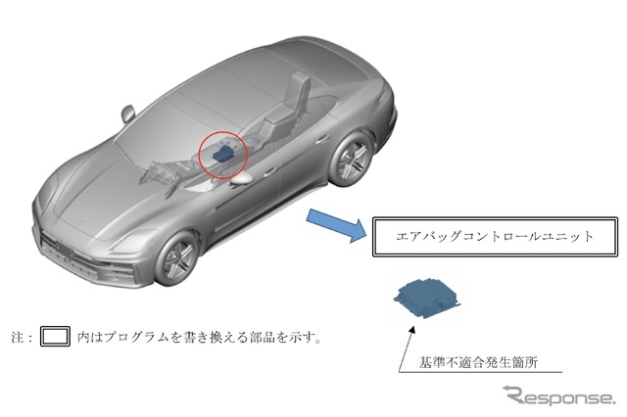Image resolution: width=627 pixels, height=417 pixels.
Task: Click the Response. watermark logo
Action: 559,395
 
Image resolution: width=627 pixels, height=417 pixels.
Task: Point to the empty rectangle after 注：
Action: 54,338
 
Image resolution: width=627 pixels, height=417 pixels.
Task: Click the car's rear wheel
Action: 350,162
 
